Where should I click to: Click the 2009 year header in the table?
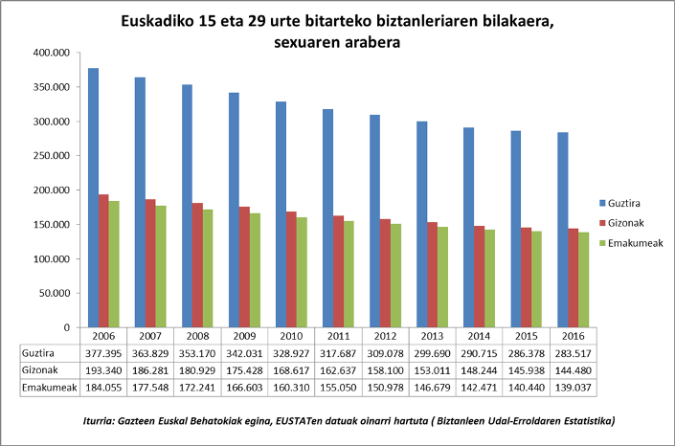244,336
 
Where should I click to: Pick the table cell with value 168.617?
291,369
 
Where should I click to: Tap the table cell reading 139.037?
573,386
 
